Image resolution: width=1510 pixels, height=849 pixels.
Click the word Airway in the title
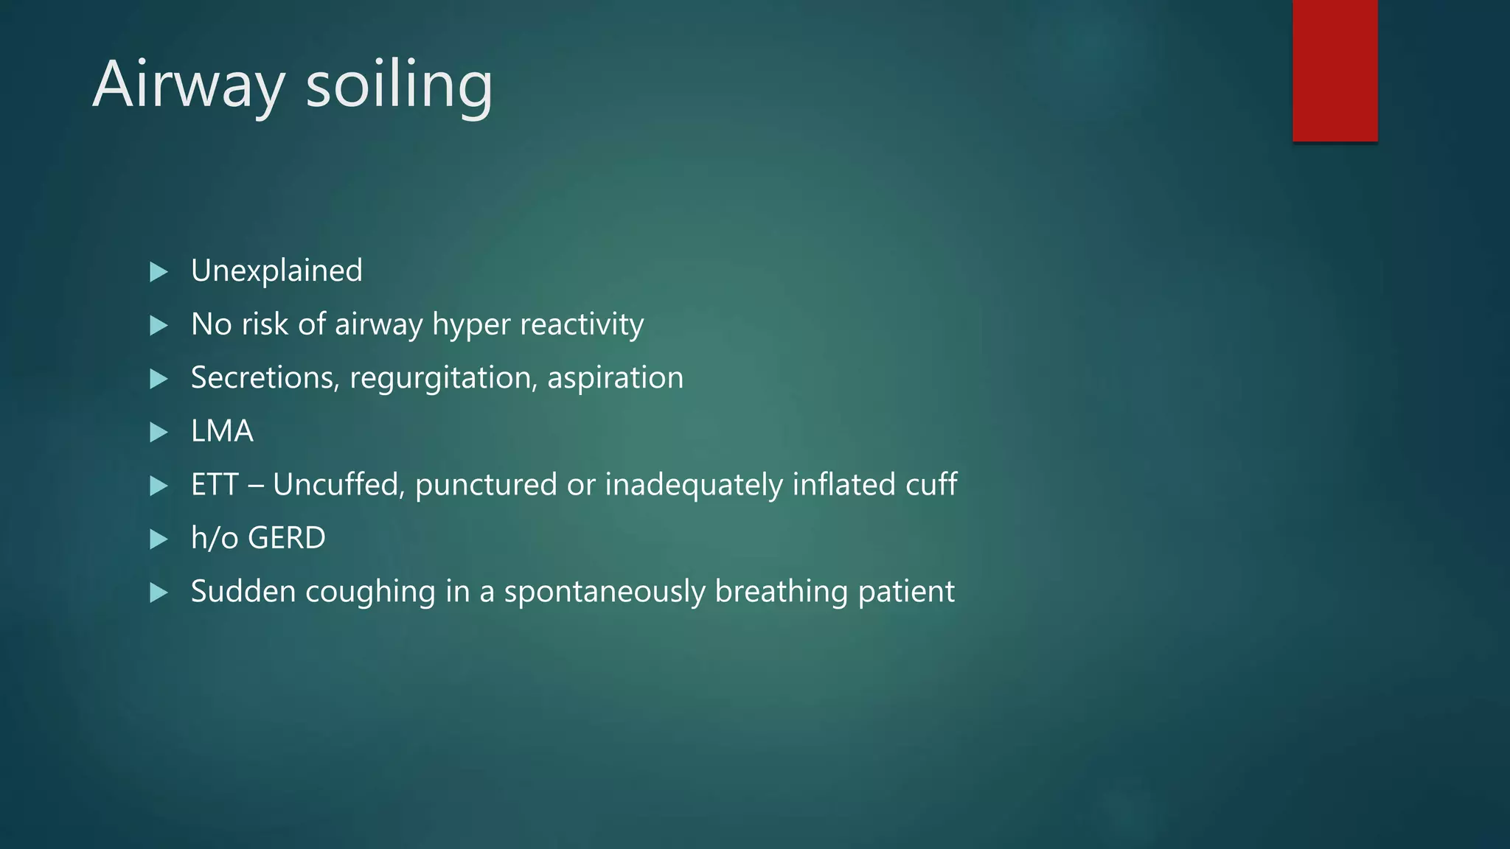coord(188,85)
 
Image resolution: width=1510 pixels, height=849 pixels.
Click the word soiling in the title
coord(399,85)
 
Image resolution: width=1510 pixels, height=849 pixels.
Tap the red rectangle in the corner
coord(1335,70)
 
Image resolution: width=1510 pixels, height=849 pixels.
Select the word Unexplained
coord(276,270)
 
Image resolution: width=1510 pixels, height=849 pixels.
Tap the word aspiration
coord(615,378)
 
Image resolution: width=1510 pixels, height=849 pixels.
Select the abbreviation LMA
coord(222,431)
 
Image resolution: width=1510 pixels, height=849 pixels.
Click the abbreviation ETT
coord(215,485)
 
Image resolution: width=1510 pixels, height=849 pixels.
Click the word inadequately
coord(693,486)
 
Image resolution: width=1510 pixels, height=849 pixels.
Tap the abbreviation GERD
coord(287,538)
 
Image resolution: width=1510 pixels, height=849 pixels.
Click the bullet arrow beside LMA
coord(159,432)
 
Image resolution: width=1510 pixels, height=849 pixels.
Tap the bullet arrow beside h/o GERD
coord(159,539)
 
